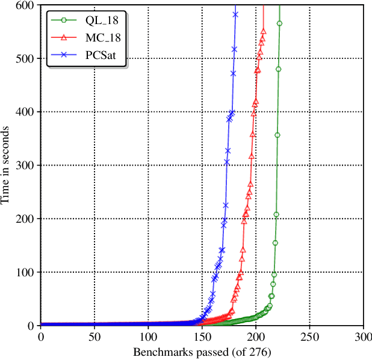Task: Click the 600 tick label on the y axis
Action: pos(25,5)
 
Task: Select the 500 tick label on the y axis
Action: pos(25,58)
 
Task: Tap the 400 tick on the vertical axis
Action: pos(25,112)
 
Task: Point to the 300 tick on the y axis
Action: pos(25,165)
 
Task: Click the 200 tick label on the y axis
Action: pos(25,219)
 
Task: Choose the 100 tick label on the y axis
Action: pos(25,272)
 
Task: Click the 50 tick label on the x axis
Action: pos(94,336)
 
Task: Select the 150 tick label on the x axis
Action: pos(202,336)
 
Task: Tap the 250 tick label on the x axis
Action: pos(309,336)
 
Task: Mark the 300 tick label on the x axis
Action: pos(363,336)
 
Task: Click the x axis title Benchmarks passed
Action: pos(202,350)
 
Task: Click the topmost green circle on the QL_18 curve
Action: pos(279,23)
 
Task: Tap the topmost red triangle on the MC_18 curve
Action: pos(263,31)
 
